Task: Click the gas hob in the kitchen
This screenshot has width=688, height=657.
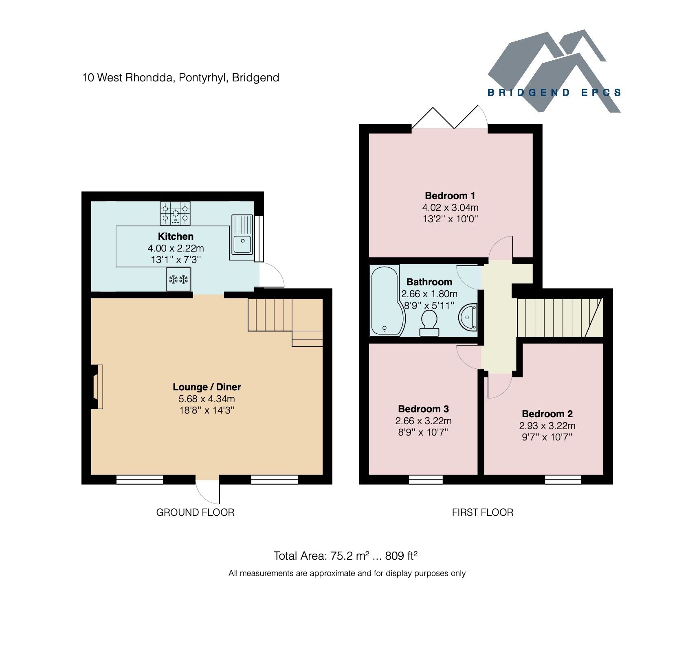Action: tap(175, 213)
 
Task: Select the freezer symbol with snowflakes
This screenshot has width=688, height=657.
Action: tap(178, 279)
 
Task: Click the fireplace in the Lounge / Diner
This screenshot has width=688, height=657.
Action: tap(97, 386)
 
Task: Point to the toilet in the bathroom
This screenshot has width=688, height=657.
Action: tap(429, 324)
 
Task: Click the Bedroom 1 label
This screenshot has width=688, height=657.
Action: tap(450, 195)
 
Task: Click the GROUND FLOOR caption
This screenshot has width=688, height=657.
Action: tap(195, 512)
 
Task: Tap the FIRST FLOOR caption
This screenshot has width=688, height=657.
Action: tap(482, 512)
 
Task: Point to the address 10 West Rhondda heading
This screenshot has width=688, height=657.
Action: tap(180, 77)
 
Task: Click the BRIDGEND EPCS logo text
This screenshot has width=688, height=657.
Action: tap(554, 93)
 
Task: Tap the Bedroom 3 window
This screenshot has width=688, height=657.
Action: tap(426, 480)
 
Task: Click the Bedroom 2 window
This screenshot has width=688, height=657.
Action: tap(563, 480)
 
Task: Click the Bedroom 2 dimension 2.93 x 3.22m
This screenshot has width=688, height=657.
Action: tap(547, 426)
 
